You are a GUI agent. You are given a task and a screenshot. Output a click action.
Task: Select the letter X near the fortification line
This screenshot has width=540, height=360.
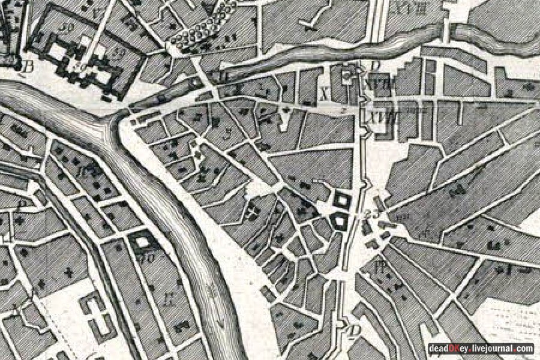click(325, 94)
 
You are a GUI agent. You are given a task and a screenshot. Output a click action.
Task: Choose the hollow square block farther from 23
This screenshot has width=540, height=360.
click(342, 199)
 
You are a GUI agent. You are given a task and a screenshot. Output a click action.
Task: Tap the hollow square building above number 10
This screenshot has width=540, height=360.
click(143, 242)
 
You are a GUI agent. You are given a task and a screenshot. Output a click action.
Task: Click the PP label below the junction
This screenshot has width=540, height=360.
click(379, 266)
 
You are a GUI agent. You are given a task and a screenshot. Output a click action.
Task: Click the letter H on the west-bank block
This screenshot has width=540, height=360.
click(172, 298)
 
